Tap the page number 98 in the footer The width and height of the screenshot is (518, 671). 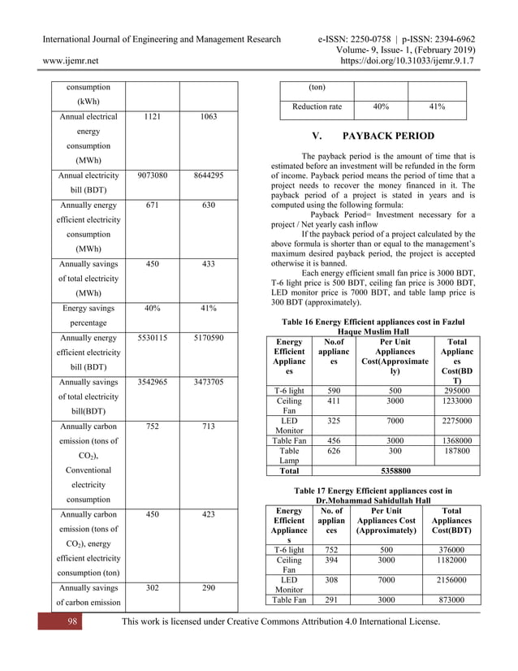(71, 621)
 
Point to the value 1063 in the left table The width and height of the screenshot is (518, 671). (208, 117)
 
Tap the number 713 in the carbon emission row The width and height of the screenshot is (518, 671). (208, 425)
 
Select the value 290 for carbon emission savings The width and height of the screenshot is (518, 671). (208, 586)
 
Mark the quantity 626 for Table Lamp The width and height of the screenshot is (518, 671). (333, 452)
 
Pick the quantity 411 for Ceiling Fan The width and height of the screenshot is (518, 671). (333, 401)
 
